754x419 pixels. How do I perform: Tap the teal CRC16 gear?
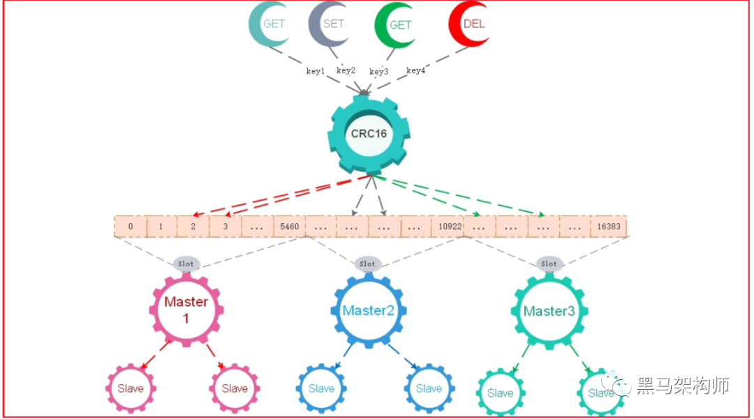tap(369, 133)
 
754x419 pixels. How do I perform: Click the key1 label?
tap(316, 71)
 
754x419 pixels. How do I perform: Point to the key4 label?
tap(415, 70)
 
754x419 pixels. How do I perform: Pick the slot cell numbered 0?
tap(131, 227)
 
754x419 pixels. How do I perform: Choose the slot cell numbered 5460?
tap(289, 227)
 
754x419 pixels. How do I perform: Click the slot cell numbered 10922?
tap(448, 227)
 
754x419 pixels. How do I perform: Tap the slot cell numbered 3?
tap(226, 227)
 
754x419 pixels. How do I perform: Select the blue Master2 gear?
tap(368, 311)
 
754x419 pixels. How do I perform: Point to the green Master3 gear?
tap(549, 311)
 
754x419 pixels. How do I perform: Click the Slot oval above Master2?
tap(367, 264)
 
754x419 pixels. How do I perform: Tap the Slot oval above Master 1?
tap(186, 264)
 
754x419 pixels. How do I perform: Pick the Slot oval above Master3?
tap(549, 264)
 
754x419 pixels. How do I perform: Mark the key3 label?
tap(379, 72)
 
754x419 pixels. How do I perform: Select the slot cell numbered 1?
tap(161, 227)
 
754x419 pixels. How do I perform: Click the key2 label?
tap(346, 70)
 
